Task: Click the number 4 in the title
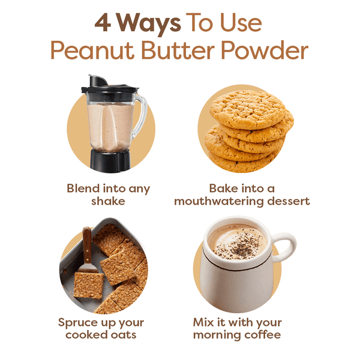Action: point(104,23)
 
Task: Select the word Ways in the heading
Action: point(148,23)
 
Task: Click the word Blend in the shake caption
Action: point(82,188)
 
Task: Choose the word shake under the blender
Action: point(108,202)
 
